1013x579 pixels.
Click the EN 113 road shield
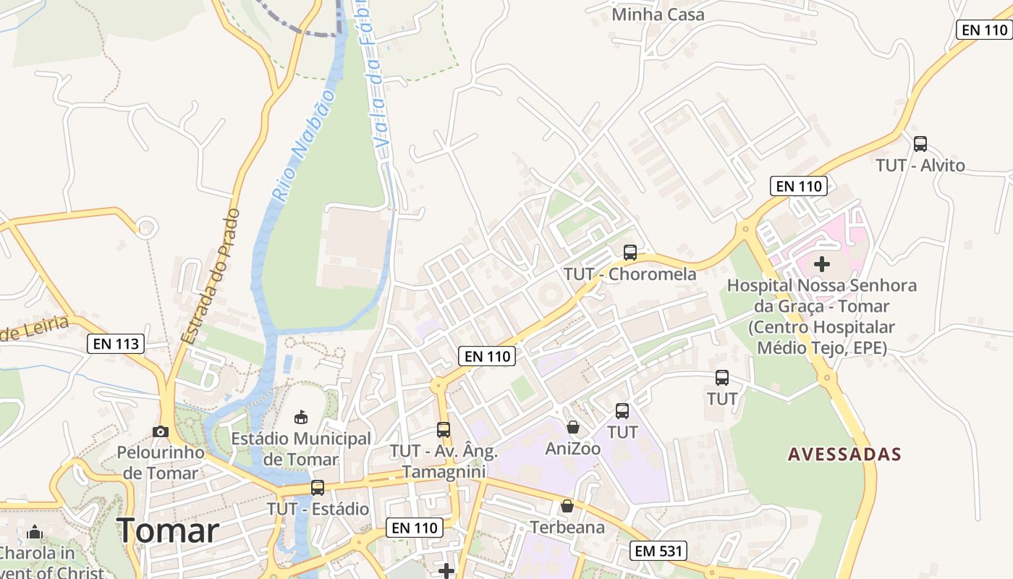pos(116,344)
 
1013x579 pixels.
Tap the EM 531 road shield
pos(657,551)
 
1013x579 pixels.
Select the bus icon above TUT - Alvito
pos(920,144)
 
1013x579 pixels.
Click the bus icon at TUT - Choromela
pos(630,253)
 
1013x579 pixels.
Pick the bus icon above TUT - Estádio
pos(318,488)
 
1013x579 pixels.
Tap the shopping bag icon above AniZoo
pos(573,428)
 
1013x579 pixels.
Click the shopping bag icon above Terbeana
pos(567,506)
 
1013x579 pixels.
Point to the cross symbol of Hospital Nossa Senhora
pos(822,263)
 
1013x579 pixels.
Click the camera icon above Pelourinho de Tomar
pos(161,432)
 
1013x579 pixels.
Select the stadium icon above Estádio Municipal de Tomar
pos(300,417)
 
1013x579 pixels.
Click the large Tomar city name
pos(168,531)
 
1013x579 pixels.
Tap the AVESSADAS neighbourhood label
pos(844,455)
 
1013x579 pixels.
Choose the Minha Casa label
pos(658,14)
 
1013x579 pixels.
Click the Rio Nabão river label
pos(303,145)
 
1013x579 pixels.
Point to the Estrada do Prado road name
pos(210,276)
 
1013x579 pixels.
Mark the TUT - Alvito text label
pos(920,165)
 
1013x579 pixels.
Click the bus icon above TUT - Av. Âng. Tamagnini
pos(444,430)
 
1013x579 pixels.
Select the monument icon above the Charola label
pos(35,533)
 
